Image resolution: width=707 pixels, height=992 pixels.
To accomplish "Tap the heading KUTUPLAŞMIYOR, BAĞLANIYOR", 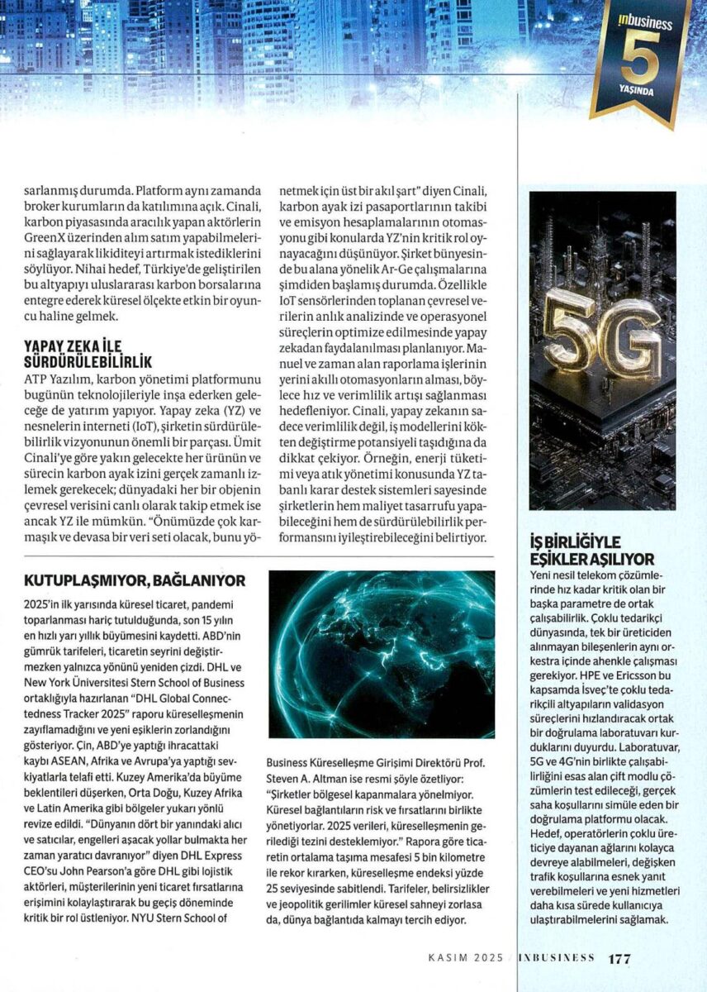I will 135,581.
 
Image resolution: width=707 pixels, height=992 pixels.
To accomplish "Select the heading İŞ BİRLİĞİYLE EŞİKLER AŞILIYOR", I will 591,551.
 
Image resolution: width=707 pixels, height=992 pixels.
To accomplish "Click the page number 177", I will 619,959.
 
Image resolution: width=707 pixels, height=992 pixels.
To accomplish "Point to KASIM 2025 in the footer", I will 465,959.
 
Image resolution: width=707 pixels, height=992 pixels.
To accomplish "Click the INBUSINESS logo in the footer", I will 556,959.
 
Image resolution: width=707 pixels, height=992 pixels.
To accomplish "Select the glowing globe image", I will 382,653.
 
